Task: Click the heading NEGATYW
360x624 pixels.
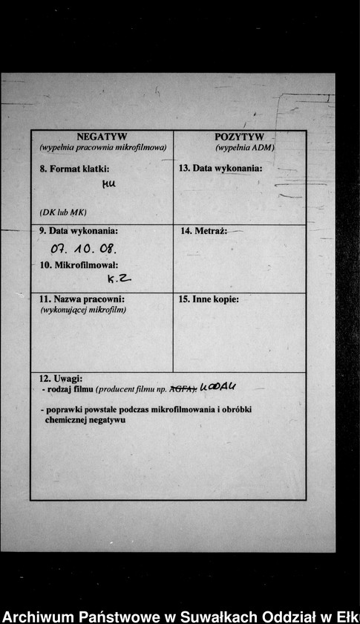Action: pyautogui.click(x=102, y=137)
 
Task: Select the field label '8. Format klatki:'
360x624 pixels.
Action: pyautogui.click(x=74, y=169)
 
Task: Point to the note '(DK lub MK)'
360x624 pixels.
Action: pyautogui.click(x=63, y=212)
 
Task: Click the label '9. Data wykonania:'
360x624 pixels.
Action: pyautogui.click(x=78, y=231)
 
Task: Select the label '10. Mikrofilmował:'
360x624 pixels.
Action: pyautogui.click(x=79, y=264)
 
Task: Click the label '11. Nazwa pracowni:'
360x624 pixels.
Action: pyautogui.click(x=82, y=299)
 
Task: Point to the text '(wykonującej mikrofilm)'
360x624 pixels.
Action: pyautogui.click(x=83, y=310)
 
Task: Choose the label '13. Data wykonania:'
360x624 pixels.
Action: pyautogui.click(x=220, y=169)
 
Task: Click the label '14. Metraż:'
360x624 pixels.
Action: pyautogui.click(x=203, y=231)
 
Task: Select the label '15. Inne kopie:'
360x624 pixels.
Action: pyautogui.click(x=209, y=299)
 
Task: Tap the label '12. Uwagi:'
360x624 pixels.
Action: pyautogui.click(x=61, y=379)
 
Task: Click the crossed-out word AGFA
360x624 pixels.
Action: pyautogui.click(x=182, y=389)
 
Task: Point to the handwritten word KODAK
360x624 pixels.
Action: pyautogui.click(x=218, y=386)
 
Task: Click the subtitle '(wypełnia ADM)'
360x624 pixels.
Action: pyautogui.click(x=245, y=148)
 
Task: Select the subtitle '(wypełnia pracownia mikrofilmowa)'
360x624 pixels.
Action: pyautogui.click(x=102, y=148)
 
